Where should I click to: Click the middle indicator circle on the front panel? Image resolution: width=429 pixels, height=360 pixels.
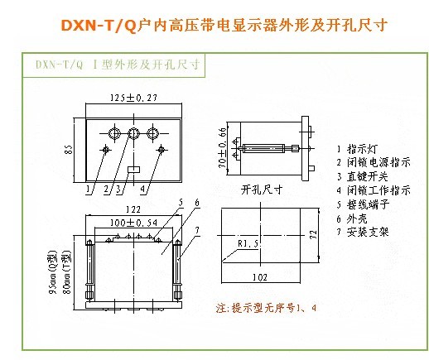(133, 133)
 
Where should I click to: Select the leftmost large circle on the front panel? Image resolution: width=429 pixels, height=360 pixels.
(113, 133)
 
